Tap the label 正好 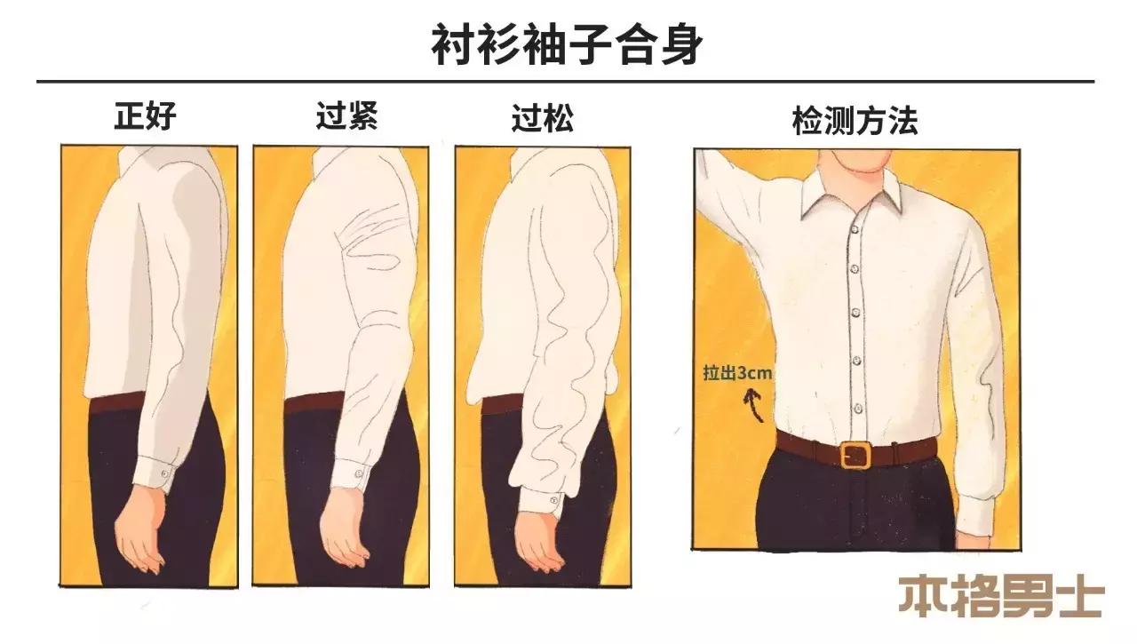point(146,116)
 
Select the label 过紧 point(346,116)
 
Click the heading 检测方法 point(854,121)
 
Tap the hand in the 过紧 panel point(343,533)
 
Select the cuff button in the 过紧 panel point(358,473)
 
